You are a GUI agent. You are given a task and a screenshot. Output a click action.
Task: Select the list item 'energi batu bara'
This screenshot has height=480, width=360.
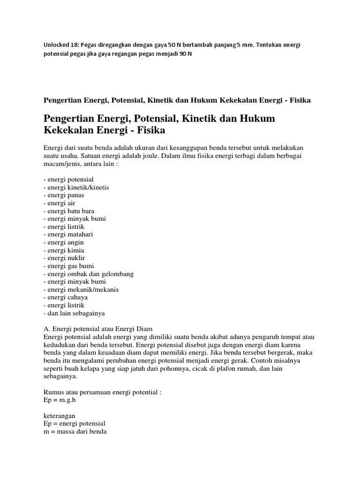(x=69, y=211)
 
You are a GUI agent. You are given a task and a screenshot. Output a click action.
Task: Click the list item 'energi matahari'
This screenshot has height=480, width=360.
(x=70, y=234)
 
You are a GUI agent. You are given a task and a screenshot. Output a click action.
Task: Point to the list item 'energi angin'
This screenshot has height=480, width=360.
(x=66, y=242)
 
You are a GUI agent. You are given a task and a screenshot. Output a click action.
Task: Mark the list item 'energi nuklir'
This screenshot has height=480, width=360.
(x=67, y=258)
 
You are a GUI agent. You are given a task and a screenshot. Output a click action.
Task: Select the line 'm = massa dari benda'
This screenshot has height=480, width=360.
(x=75, y=431)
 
